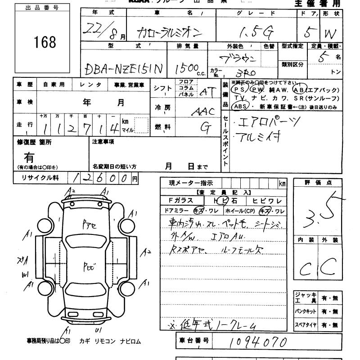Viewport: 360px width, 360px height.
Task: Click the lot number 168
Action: pos(45,42)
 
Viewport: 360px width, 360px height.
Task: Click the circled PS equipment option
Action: pos(238,90)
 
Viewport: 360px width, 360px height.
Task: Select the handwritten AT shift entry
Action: pos(207,92)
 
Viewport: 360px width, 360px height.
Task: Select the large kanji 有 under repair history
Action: pos(29,157)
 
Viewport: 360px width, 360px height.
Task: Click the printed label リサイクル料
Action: pos(40,178)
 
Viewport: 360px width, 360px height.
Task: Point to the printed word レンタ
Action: pos(90,85)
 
